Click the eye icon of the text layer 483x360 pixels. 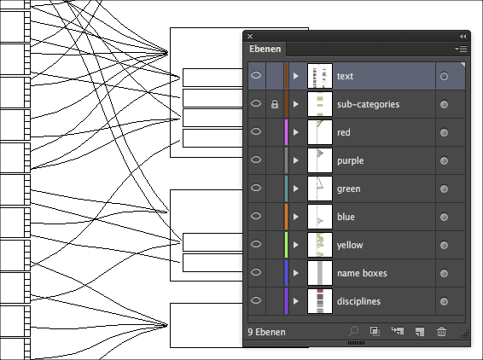coord(256,75)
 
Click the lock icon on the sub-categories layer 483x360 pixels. coord(275,104)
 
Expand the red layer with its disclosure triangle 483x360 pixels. coord(296,132)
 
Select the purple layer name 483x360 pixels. coord(350,160)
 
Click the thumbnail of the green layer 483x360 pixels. coord(320,189)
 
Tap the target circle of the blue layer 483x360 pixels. coord(444,217)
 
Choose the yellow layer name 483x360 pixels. coord(350,246)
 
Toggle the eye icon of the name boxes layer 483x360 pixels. coord(256,272)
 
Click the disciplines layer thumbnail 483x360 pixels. coord(320,301)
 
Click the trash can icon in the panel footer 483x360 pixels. coord(441,332)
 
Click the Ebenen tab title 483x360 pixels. coord(265,49)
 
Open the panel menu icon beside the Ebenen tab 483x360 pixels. coord(461,49)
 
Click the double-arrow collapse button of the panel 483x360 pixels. coord(463,37)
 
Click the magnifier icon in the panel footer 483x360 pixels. coord(353,331)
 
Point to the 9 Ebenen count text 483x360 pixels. coord(266,332)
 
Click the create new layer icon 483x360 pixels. coord(420,332)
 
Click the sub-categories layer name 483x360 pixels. coord(368,104)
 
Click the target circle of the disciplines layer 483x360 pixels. coord(444,301)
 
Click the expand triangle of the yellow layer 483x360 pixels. coord(296,245)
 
